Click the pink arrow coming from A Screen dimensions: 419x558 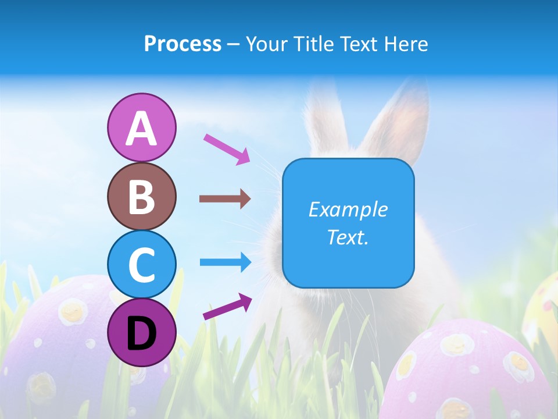pyautogui.click(x=227, y=149)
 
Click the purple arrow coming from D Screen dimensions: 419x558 pyautogui.click(x=227, y=306)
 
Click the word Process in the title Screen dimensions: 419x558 pyautogui.click(x=183, y=44)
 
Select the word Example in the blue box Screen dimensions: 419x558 pyautogui.click(x=348, y=210)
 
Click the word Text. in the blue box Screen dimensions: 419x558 pyautogui.click(x=348, y=237)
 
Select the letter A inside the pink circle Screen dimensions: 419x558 pyautogui.click(x=141, y=128)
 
